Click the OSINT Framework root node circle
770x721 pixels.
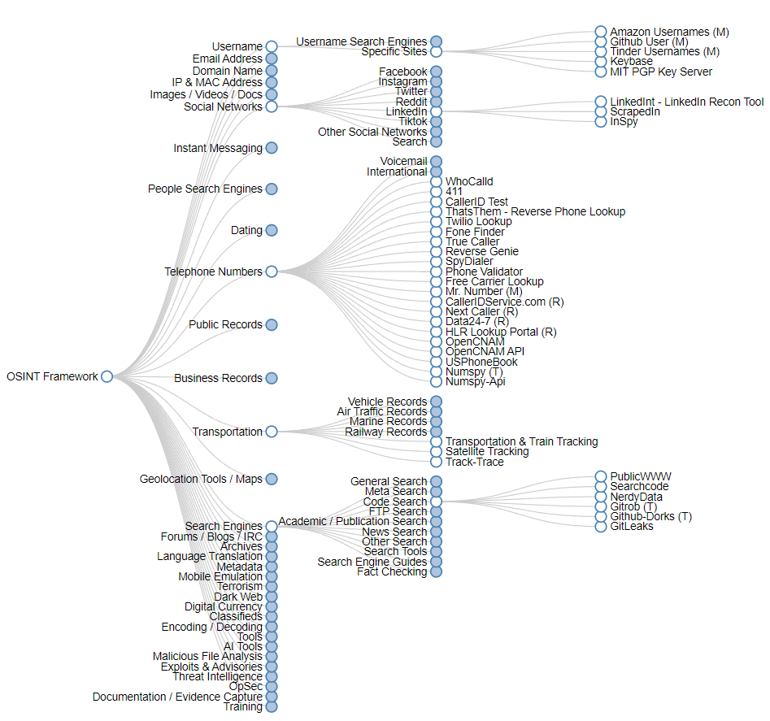(107, 376)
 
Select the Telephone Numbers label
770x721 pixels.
(213, 271)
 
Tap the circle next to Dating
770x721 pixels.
(272, 230)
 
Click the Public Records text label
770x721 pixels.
(225, 324)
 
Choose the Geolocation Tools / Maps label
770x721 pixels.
(201, 479)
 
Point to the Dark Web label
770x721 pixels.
(238, 597)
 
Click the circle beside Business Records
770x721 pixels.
(272, 378)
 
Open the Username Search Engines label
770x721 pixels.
(361, 41)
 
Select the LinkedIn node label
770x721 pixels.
(407, 111)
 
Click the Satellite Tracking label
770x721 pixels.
(487, 451)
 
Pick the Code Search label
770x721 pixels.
(395, 502)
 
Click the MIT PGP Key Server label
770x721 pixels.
(661, 72)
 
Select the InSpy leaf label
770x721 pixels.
(624, 121)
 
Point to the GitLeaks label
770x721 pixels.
(632, 526)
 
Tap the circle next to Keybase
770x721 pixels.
(601, 61)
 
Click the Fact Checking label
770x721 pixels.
(392, 571)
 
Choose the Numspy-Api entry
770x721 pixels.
(476, 381)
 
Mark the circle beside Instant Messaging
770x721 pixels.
(272, 148)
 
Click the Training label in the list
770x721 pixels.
(243, 706)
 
